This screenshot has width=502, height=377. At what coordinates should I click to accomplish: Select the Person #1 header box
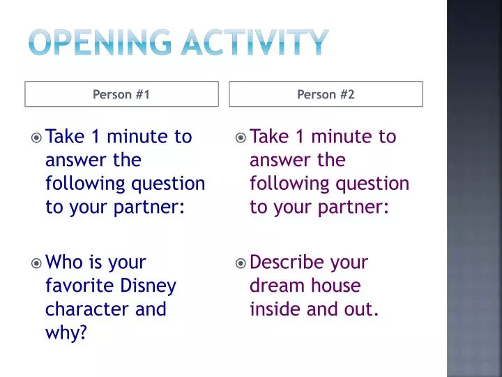click(x=121, y=94)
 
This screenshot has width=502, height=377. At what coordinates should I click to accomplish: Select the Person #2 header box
click(x=326, y=94)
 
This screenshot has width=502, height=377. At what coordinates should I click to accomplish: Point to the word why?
click(x=66, y=333)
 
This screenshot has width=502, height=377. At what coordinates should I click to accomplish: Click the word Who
click(x=64, y=263)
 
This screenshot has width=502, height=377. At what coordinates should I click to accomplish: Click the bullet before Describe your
click(x=241, y=264)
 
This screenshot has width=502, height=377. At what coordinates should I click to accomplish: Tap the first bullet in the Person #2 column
click(x=241, y=138)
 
